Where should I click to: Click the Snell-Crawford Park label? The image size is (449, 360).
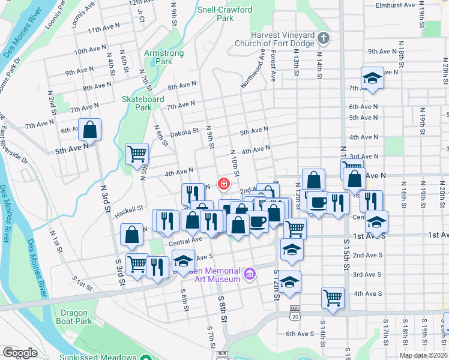pos(224,14)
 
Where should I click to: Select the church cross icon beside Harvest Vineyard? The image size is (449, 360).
pos(323,39)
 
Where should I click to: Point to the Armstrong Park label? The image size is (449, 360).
pos(158,57)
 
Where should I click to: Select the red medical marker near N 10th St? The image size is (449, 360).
pos(223,183)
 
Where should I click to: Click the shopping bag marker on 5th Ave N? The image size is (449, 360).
pos(89,128)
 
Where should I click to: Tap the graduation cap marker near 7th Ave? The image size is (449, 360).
pos(372,78)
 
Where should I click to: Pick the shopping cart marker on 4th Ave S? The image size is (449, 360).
pos(333,297)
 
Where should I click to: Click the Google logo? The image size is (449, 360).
pos(20,352)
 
